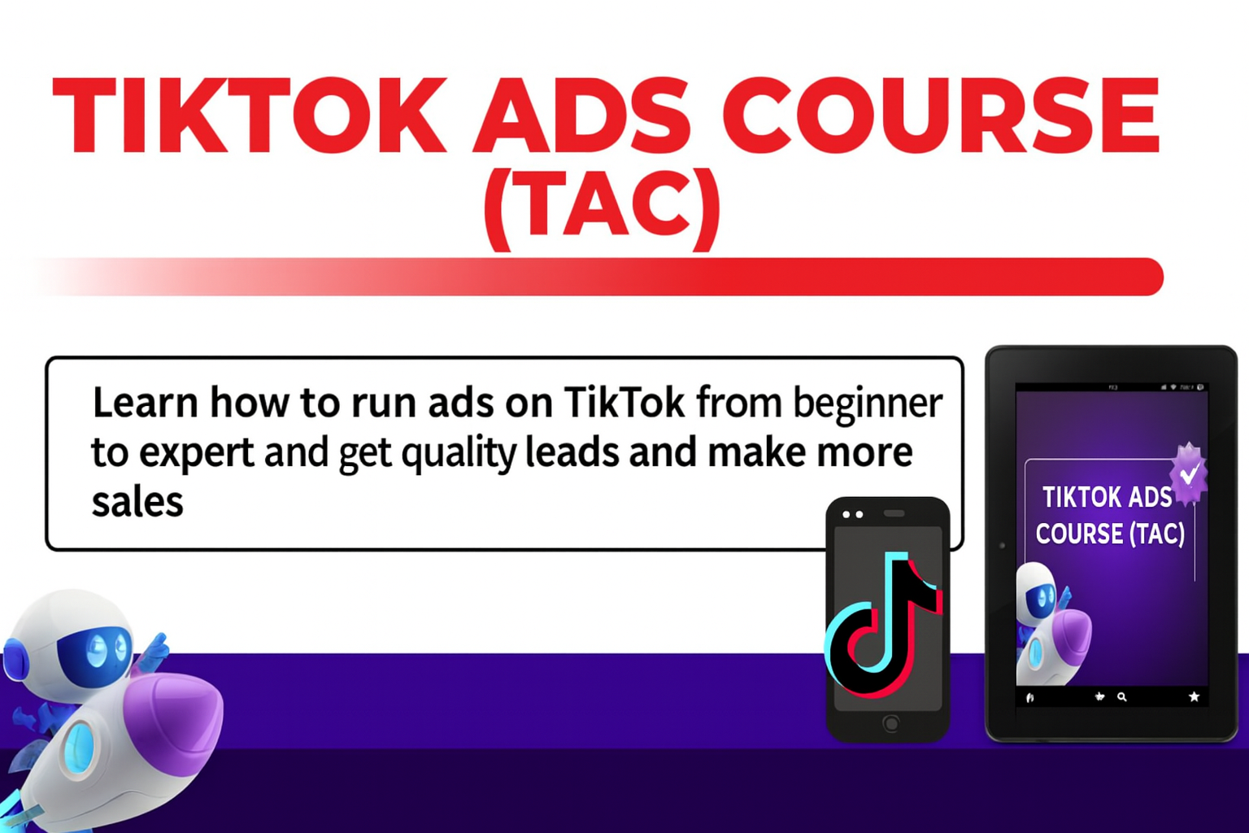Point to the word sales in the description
click(137, 503)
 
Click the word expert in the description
click(196, 454)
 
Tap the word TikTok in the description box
click(624, 403)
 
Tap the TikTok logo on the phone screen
click(883, 625)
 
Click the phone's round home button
click(891, 723)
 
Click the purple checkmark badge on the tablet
click(1188, 473)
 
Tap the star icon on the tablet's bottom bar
click(1194, 697)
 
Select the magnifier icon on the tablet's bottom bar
click(1122, 697)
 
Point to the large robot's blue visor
click(95, 652)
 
